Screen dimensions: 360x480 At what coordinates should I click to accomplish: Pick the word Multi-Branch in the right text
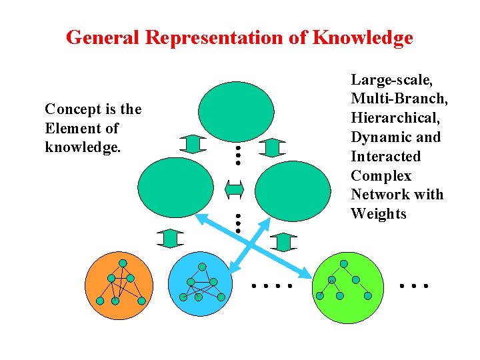tap(399, 99)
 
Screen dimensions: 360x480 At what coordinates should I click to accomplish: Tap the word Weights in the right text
tap(378, 214)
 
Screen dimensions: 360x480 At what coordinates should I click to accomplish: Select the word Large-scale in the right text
tap(392, 80)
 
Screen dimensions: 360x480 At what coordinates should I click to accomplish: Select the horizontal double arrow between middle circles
tap(235, 189)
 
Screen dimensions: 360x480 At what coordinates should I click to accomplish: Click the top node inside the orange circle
tap(123, 263)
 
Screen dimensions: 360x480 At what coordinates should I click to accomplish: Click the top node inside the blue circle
tap(201, 267)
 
